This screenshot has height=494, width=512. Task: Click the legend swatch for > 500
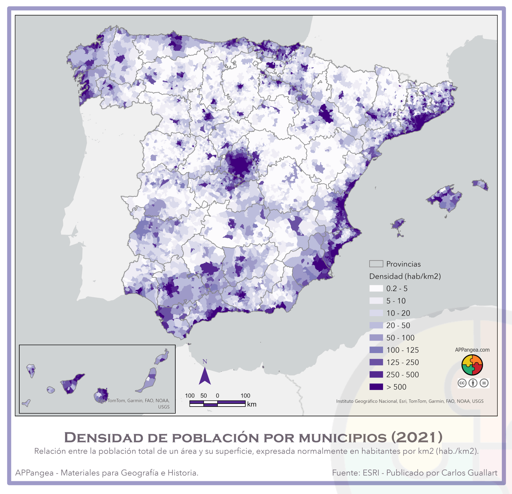[x=376, y=387]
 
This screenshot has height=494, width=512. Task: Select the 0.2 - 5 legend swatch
[x=376, y=288]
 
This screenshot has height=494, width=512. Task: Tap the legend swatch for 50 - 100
[x=376, y=337]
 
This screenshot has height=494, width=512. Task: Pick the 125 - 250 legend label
[x=402, y=362]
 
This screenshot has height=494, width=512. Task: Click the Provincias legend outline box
[x=376, y=264]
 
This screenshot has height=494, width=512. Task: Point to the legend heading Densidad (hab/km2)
[x=405, y=276]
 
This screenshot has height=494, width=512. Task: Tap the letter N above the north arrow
[x=205, y=362]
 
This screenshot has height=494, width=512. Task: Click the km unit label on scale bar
[x=252, y=404]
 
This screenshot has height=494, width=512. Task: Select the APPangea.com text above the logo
[x=472, y=350]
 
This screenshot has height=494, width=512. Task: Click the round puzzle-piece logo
[x=472, y=365]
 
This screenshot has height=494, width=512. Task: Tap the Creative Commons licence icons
[x=473, y=383]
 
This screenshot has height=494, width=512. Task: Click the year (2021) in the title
[x=417, y=437]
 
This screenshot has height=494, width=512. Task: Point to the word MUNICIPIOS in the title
[x=343, y=438]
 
